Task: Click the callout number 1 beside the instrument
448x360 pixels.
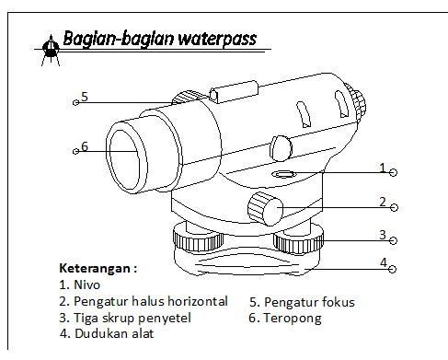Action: (x=382, y=167)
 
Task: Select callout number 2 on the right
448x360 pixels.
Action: (x=382, y=201)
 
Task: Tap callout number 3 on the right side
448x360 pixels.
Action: (x=383, y=235)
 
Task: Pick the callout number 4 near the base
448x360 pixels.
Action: (x=383, y=263)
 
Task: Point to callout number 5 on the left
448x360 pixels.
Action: (x=84, y=96)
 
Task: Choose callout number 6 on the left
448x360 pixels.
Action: (x=84, y=145)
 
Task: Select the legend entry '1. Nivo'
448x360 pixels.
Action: (x=80, y=285)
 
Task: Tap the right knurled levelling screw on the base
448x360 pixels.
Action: (x=300, y=241)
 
